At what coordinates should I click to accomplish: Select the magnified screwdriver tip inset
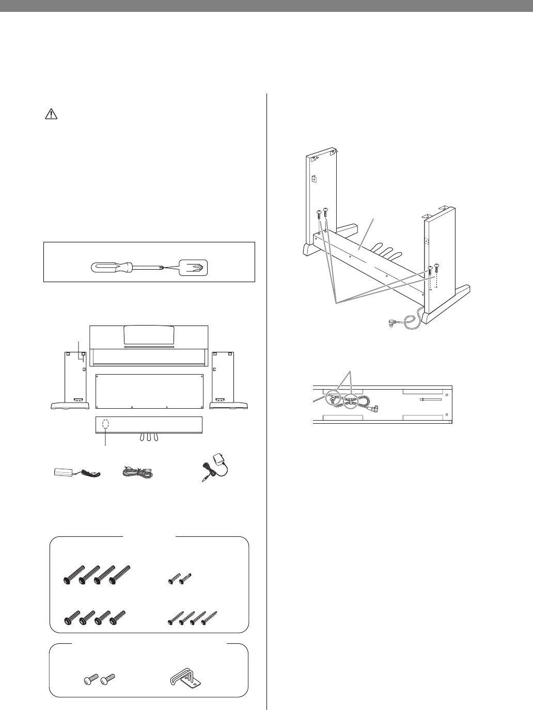click(192, 268)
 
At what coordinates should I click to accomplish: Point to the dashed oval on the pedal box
click(106, 423)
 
